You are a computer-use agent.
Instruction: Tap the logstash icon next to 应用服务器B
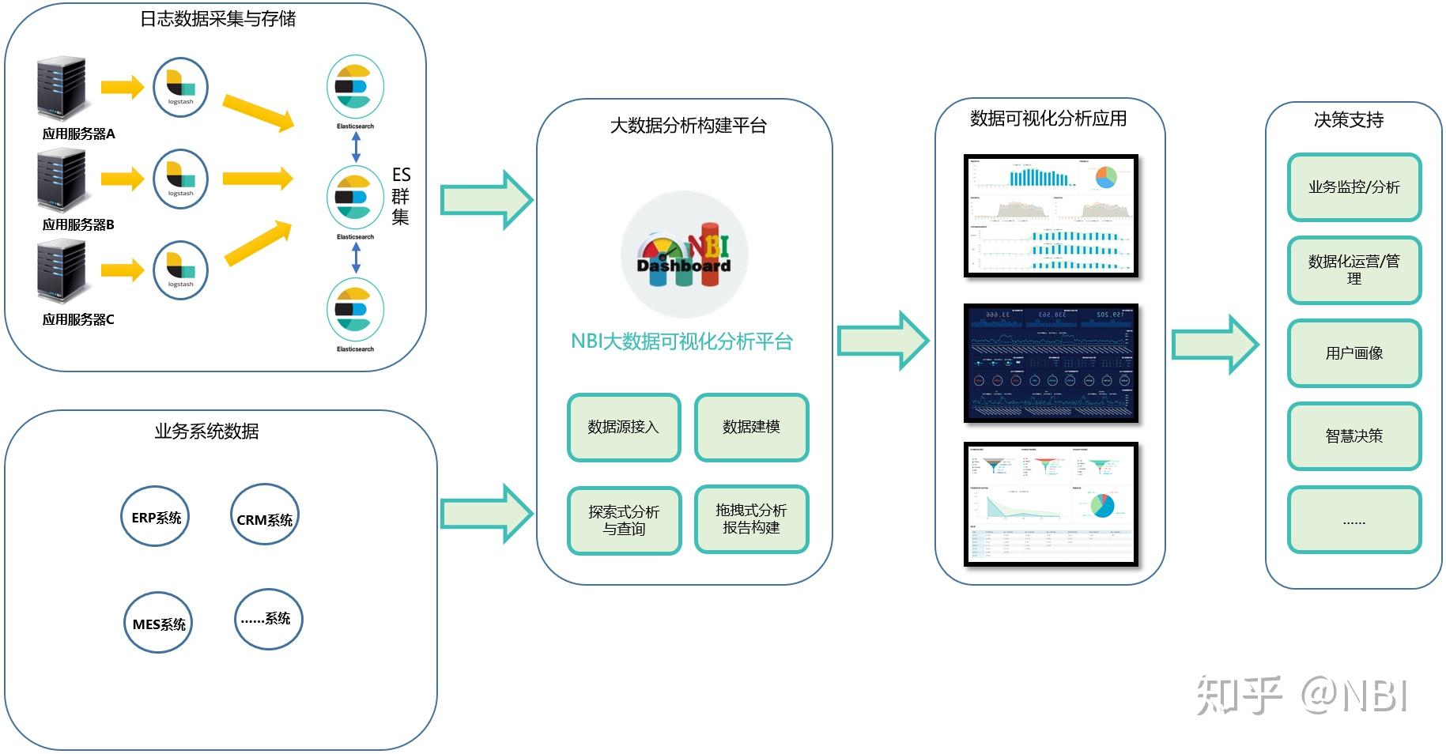pyautogui.click(x=180, y=179)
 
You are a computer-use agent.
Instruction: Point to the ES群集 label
pyautogui.click(x=401, y=195)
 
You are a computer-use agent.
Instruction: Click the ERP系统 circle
pyautogui.click(x=156, y=518)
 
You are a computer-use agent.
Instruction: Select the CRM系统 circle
pyautogui.click(x=265, y=518)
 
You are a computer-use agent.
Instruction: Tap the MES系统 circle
pyautogui.click(x=158, y=624)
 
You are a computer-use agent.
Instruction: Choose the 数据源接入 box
pyautogui.click(x=624, y=427)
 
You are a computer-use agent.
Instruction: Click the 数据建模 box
pyautogui.click(x=751, y=427)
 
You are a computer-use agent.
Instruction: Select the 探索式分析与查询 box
pyautogui.click(x=624, y=520)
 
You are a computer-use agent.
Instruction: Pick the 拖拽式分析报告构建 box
pyautogui.click(x=751, y=518)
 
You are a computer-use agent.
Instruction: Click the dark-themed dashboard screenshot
pyautogui.click(x=1051, y=363)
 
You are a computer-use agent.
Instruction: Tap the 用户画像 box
pyautogui.click(x=1354, y=353)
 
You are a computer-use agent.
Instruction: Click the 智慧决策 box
pyautogui.click(x=1354, y=435)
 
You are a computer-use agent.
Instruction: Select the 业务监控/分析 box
pyautogui.click(x=1354, y=187)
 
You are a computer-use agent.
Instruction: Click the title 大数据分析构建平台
pyautogui.click(x=688, y=126)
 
